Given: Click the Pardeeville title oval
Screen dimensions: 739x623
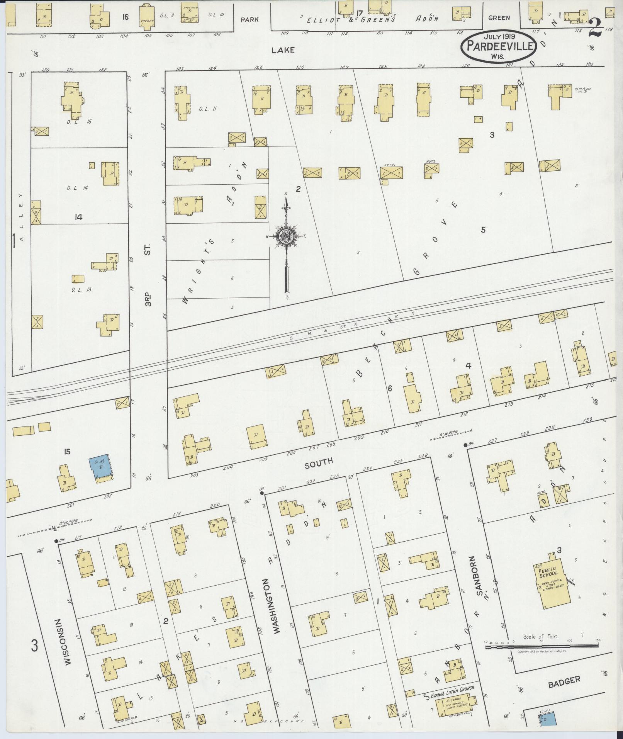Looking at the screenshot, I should (x=501, y=46).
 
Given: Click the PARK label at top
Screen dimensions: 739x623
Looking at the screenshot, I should (x=250, y=19).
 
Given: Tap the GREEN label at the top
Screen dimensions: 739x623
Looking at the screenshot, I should (x=499, y=18).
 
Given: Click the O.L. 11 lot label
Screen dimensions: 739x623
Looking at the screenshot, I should (x=207, y=109).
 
